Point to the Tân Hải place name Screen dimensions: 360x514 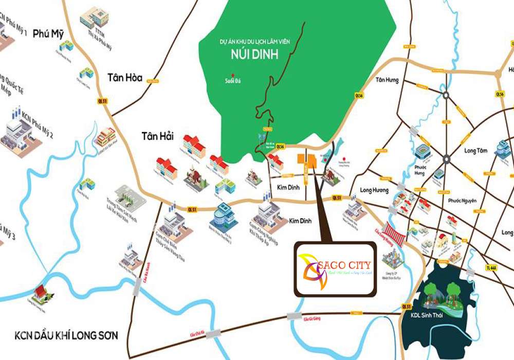point(158,136)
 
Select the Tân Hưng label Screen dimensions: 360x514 point(387,80)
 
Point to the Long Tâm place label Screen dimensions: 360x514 point(475,151)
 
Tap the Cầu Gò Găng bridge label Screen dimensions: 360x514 point(311,319)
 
